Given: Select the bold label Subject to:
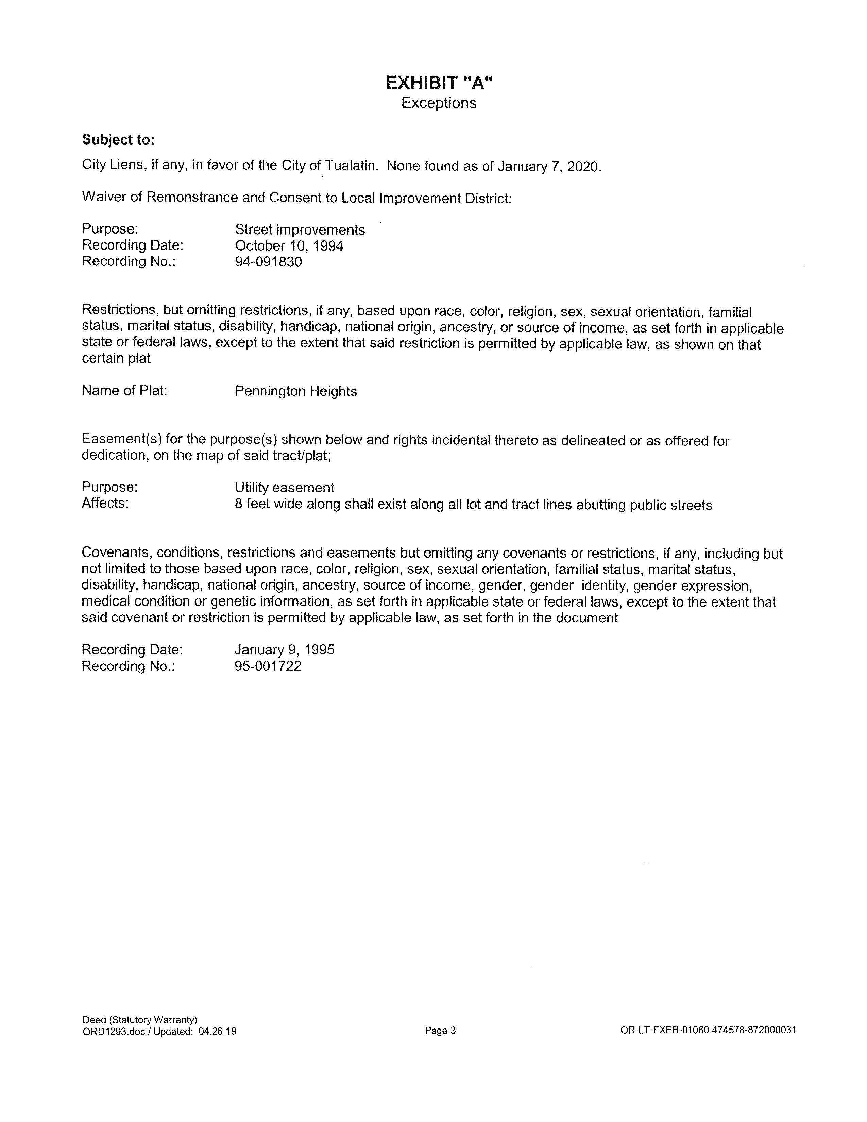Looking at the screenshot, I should [x=118, y=140].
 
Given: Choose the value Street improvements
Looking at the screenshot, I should [x=300, y=230].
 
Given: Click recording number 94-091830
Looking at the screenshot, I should [x=268, y=262].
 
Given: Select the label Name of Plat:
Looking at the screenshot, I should [x=124, y=390].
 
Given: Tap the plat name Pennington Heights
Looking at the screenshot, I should [x=295, y=391].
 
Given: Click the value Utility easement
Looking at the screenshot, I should [x=284, y=488].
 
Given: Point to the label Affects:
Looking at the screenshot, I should [x=105, y=503].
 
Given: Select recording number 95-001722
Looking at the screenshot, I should [x=268, y=666].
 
